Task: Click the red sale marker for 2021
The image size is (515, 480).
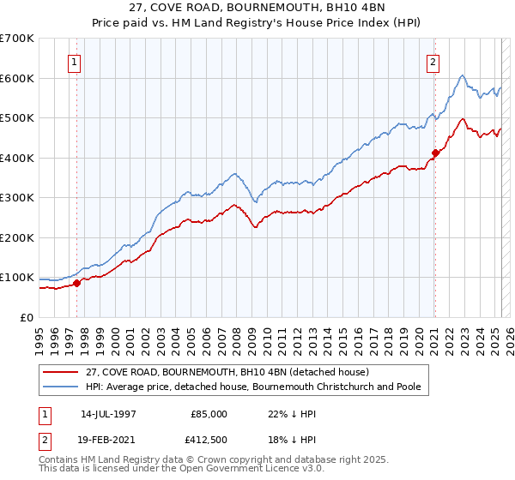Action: (435, 153)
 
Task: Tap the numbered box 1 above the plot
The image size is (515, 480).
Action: (75, 62)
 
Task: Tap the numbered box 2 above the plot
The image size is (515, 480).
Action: (433, 62)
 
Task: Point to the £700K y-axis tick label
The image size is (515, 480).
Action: (17, 39)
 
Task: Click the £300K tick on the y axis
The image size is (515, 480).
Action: (17, 198)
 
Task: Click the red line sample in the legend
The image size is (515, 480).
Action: (60, 372)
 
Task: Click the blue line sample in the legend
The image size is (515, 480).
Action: (60, 387)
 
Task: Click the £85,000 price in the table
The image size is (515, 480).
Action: (209, 413)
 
